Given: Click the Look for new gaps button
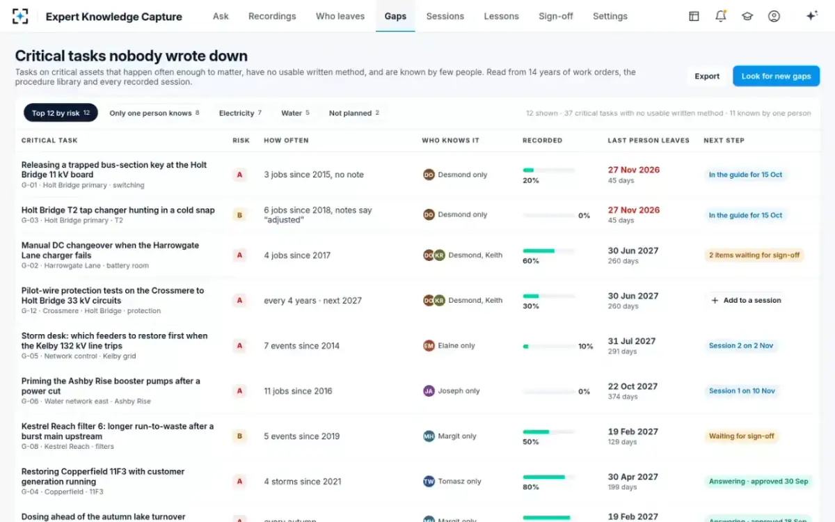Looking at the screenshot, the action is [x=776, y=76].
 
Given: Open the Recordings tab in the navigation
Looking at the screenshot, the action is [x=272, y=17].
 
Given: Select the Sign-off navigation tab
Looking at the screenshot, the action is [x=555, y=17].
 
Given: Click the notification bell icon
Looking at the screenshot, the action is [x=721, y=16].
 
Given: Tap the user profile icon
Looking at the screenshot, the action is [x=774, y=16].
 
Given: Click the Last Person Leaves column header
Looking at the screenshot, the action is [x=649, y=141].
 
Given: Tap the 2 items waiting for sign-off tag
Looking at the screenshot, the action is [x=754, y=255].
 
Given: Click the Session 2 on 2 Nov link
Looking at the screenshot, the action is [x=741, y=346].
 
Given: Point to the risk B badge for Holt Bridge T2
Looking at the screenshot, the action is [x=239, y=215].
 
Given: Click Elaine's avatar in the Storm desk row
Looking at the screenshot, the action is [x=429, y=346].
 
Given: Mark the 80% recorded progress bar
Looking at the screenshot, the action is [x=549, y=477].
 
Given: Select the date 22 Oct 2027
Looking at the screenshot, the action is [x=633, y=386].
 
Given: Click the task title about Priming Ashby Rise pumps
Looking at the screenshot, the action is [x=111, y=386].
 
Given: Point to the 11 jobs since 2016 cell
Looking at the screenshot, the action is [x=298, y=391].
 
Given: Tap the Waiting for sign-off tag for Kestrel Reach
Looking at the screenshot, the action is [x=742, y=436].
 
